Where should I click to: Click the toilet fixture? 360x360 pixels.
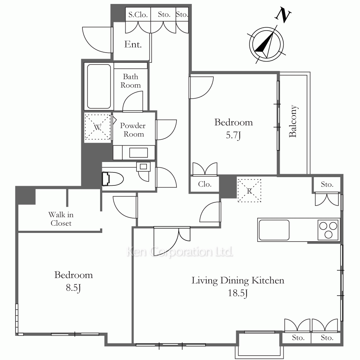tap(113, 179)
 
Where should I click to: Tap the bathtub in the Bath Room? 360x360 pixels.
tap(99, 86)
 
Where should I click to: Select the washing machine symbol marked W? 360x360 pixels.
tap(98, 127)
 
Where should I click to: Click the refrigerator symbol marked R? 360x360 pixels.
tap(249, 190)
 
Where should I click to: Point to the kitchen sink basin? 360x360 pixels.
tap(274, 230)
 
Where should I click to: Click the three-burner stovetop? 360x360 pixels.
tap(328, 230)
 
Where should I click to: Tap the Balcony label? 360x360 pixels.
tap(293, 121)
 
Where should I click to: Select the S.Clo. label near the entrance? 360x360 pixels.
tap(138, 15)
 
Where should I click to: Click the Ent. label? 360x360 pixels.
tap(133, 44)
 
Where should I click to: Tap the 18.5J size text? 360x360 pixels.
tap(238, 293)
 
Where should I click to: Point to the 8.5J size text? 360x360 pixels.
tap(73, 287)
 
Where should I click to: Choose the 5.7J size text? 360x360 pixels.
tap(234, 135)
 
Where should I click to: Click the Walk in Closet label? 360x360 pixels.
tap(61, 219)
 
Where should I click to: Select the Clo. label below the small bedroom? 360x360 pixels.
tap(204, 184)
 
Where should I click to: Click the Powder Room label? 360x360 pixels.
tap(133, 130)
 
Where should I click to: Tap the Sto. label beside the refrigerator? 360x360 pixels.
tap(327, 184)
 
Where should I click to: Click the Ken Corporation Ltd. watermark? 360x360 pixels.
tap(180, 252)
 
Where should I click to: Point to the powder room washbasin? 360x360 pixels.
tap(139, 153)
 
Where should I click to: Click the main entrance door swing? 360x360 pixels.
tap(97, 40)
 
